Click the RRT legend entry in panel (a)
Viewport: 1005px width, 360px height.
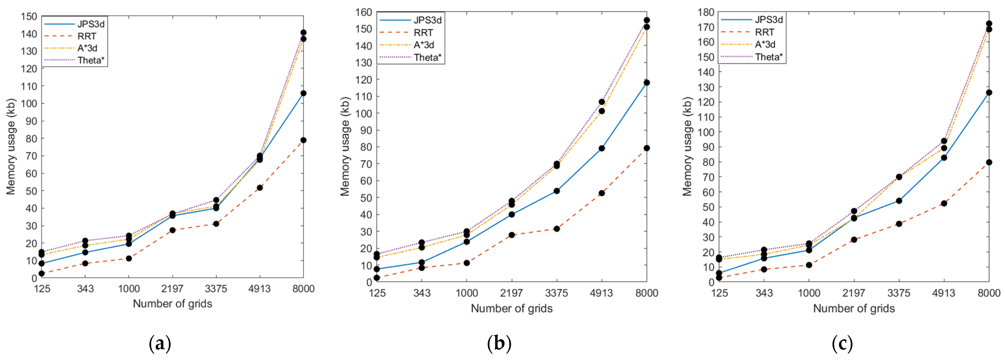pyautogui.click(x=86, y=36)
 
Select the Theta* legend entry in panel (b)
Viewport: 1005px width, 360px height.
pyautogui.click(x=428, y=58)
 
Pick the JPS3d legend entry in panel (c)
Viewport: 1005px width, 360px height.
pyautogui.click(x=769, y=19)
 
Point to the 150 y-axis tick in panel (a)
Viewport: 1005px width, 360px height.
pyautogui.click(x=29, y=16)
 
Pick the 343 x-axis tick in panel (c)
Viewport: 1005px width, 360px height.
pyautogui.click(x=764, y=293)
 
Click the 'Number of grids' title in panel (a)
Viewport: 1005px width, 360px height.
pyautogui.click(x=173, y=304)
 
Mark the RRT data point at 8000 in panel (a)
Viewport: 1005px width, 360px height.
pyautogui.click(x=303, y=140)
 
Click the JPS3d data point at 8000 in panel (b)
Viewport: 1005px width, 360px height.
pyautogui.click(x=647, y=83)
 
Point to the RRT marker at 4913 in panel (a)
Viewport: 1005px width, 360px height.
pyautogui.click(x=260, y=188)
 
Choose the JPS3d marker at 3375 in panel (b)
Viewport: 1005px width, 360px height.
pyautogui.click(x=557, y=191)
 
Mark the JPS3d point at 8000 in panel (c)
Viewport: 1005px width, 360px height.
pyautogui.click(x=989, y=93)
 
